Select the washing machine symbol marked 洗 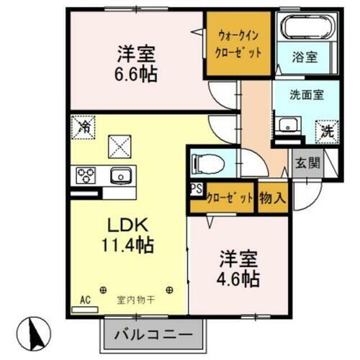pos(327,132)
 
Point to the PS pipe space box pos(195,190)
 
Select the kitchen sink pos(120,175)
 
